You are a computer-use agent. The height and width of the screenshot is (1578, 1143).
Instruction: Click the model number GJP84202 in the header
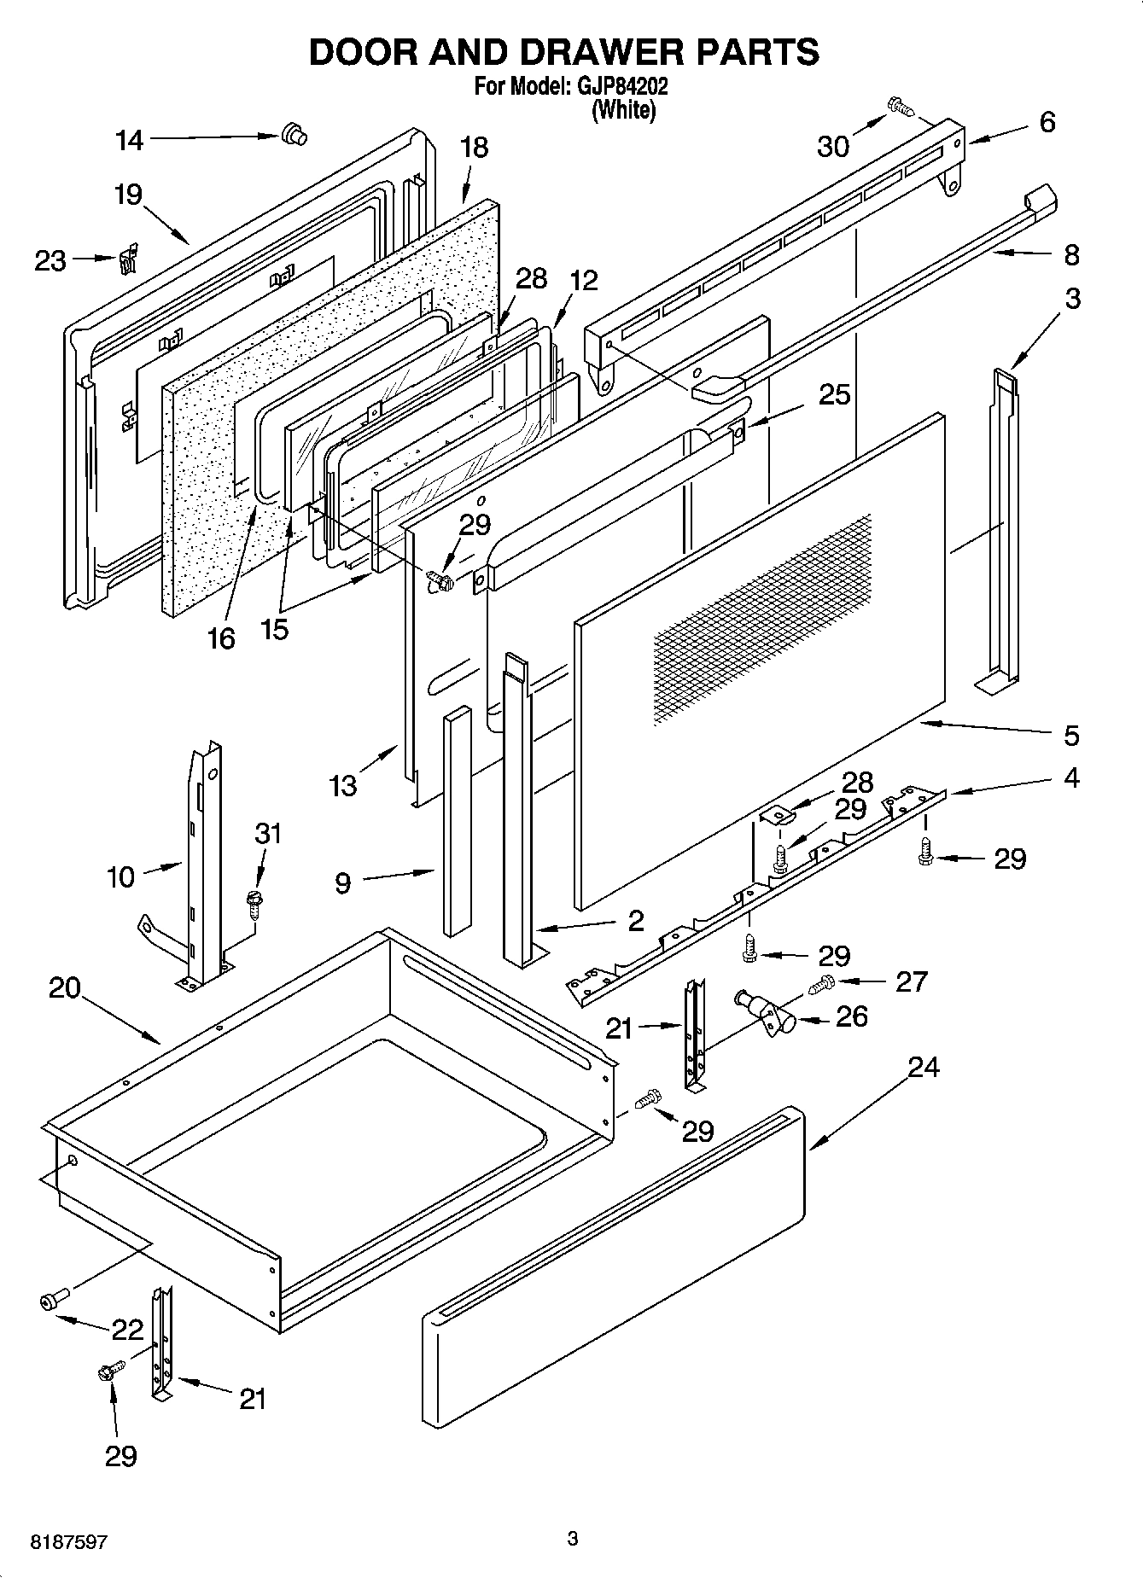tap(621, 86)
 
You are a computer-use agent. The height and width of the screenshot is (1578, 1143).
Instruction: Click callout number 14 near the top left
tap(130, 141)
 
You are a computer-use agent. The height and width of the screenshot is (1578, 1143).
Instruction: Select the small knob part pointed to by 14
tap(293, 134)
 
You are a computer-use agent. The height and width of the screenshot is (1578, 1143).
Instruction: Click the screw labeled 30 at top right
tap(900, 107)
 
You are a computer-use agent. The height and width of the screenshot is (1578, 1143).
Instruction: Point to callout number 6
tap(1047, 122)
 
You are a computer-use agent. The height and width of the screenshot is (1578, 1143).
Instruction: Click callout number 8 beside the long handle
tap(1071, 254)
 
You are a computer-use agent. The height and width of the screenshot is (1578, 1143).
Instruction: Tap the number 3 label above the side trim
tap(1072, 299)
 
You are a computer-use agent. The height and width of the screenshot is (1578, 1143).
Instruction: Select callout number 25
tap(835, 394)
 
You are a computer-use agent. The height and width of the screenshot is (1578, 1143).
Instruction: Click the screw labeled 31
tap(254, 903)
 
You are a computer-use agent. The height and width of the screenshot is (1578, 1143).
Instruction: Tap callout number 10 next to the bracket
tap(121, 876)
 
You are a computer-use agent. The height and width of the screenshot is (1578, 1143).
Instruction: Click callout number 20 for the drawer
tap(65, 988)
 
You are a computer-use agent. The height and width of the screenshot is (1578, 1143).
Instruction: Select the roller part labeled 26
tap(764, 1011)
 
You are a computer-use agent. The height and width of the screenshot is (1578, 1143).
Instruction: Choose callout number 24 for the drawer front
tap(923, 1067)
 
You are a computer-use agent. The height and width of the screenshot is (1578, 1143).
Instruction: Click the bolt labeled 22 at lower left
tap(50, 1301)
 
